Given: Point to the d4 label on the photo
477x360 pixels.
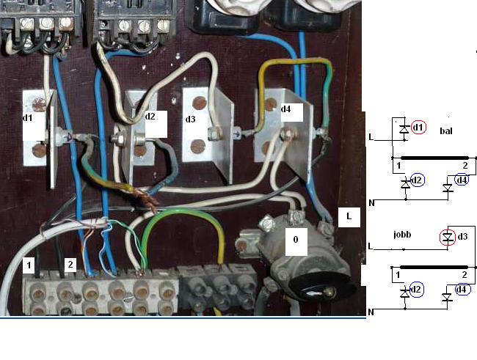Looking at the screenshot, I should click(x=285, y=109).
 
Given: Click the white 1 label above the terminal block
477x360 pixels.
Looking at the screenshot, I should click(x=29, y=265).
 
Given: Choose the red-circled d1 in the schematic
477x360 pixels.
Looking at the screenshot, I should click(x=418, y=128).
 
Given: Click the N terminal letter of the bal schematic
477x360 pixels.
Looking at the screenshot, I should click(x=372, y=202).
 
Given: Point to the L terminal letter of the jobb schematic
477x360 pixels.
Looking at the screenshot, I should click(x=372, y=247).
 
